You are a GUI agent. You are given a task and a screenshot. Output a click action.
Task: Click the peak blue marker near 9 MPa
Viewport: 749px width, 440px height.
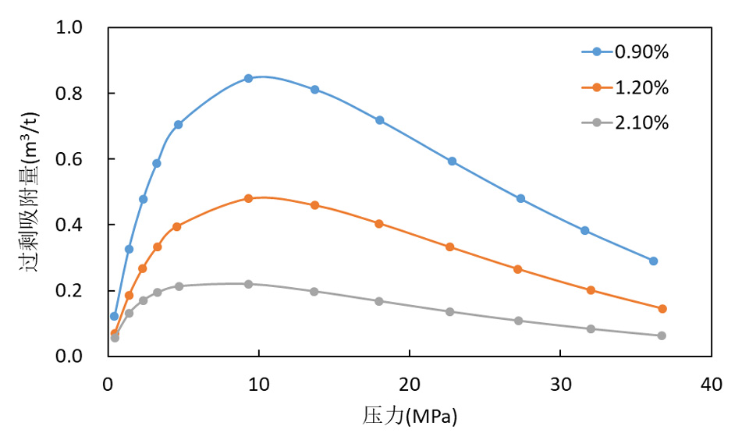pos(248,78)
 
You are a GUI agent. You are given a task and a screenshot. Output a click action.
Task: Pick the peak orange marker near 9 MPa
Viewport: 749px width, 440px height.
pos(248,198)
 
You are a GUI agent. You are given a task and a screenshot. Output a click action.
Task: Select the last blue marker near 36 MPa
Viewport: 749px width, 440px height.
pos(653,261)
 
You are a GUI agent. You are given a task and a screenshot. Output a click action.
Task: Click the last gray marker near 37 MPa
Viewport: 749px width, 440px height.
pos(662,335)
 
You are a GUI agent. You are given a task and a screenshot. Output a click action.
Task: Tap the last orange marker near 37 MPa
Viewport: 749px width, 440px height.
pos(662,309)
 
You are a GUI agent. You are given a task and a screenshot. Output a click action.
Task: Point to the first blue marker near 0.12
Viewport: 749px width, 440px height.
pos(114,316)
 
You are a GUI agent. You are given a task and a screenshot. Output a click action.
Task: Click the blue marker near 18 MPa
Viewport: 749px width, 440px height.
pos(379,120)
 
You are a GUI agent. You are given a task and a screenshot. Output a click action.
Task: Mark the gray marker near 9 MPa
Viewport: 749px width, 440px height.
pos(248,284)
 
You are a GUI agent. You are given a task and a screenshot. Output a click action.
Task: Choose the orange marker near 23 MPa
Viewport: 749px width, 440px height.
pos(449,247)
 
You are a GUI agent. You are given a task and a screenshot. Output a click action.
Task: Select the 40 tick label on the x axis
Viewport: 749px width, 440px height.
pos(711,384)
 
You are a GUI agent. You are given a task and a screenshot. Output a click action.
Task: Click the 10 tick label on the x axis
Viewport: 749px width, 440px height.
pos(258,384)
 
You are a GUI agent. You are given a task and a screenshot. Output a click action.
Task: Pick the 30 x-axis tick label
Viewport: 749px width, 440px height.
pos(560,384)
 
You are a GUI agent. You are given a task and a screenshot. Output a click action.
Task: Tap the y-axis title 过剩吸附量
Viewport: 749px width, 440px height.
pos(30,191)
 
